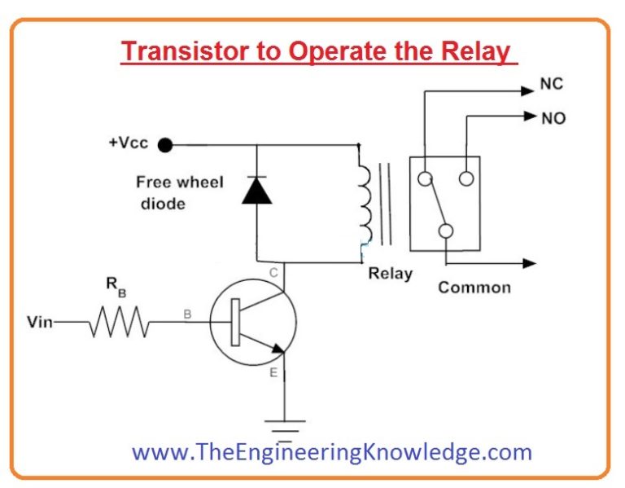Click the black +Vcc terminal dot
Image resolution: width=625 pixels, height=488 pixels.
click(x=165, y=146)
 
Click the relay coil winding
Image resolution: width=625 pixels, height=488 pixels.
click(x=363, y=204)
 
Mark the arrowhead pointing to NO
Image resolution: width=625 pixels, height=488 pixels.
click(x=529, y=117)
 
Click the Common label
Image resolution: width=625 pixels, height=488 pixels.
click(x=474, y=288)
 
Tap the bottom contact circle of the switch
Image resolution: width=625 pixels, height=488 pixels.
click(x=446, y=231)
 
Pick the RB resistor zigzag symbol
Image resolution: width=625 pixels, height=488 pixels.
click(x=120, y=323)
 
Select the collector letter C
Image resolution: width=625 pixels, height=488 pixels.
click(x=274, y=273)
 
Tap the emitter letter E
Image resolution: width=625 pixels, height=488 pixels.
click(x=273, y=373)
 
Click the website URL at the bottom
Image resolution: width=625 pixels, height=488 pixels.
click(x=332, y=452)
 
